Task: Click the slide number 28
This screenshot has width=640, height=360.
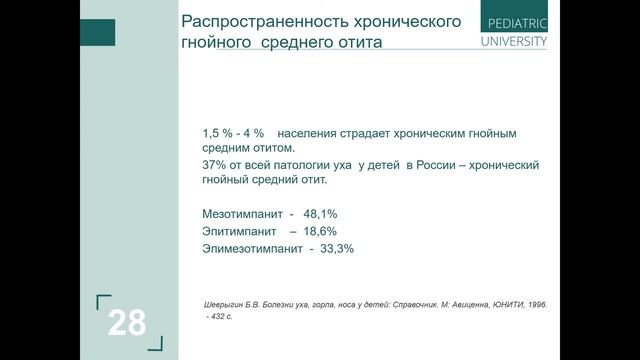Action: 127,322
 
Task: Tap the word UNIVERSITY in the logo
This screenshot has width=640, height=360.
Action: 514,42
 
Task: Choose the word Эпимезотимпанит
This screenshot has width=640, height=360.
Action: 251,248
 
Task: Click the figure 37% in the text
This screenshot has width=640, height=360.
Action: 215,163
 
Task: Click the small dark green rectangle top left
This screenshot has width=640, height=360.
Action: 99,32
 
